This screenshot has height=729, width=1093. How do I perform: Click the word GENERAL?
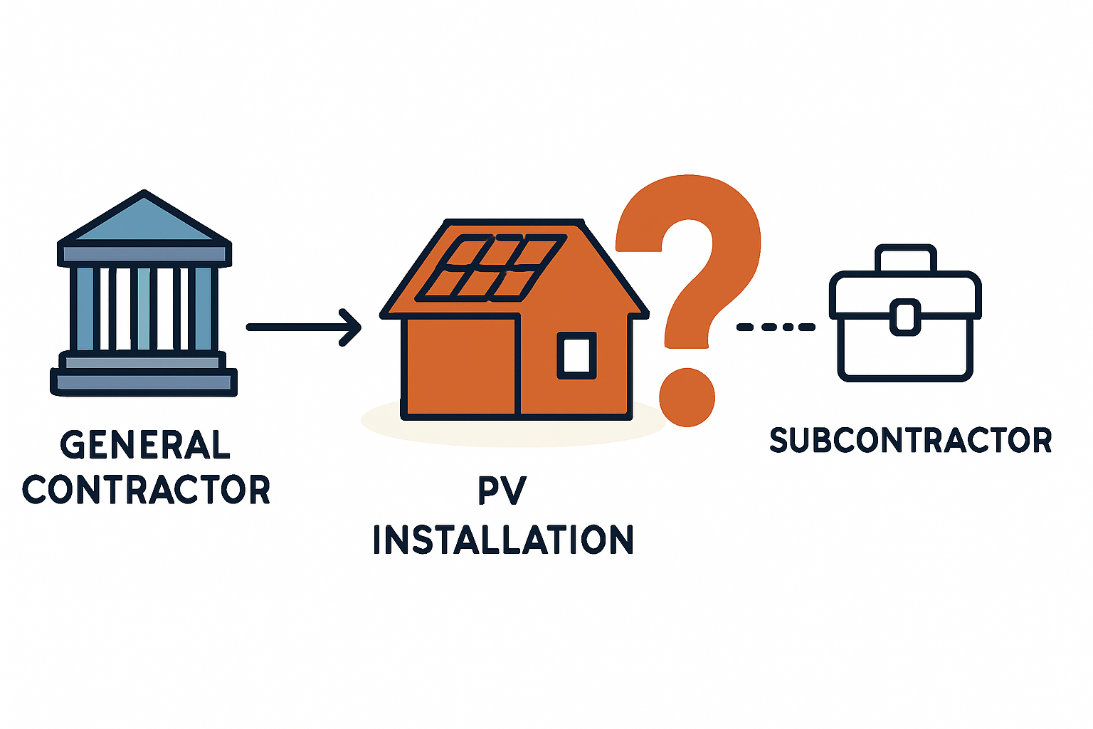(145, 445)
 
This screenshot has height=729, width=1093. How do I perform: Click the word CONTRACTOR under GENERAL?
(147, 490)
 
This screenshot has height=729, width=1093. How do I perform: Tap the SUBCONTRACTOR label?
(911, 440)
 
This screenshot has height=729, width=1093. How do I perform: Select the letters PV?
(502, 491)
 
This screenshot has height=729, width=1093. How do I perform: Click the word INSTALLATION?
(502, 540)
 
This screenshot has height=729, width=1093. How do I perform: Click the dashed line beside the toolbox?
(776, 327)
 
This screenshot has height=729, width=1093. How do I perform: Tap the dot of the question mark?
(687, 397)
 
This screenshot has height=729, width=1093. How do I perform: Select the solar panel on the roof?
(491, 267)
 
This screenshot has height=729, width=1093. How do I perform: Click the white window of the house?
(576, 355)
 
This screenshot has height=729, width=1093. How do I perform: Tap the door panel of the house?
(461, 367)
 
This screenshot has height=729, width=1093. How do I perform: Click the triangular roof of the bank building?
(144, 221)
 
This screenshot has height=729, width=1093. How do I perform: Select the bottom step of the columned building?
(144, 383)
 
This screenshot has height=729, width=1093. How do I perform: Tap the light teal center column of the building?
(144, 308)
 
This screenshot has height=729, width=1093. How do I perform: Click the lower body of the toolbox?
(905, 352)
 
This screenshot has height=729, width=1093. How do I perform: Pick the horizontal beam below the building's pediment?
(144, 253)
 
